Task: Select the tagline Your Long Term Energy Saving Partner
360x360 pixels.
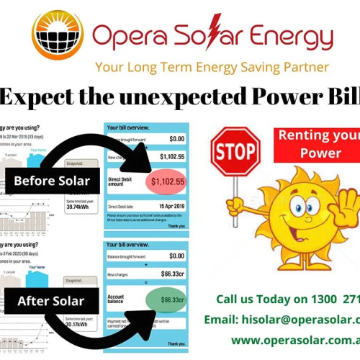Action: (x=212, y=67)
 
